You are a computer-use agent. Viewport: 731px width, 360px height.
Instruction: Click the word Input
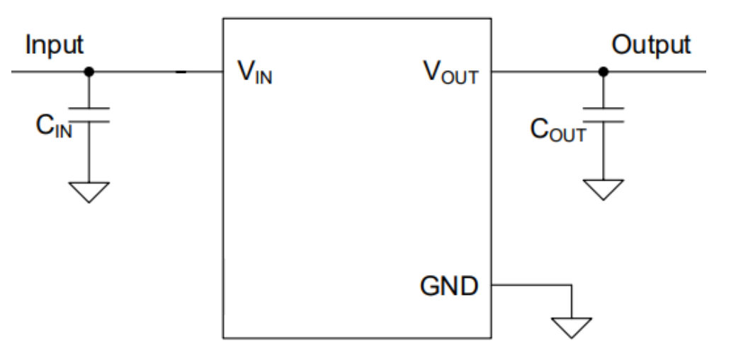[55, 45]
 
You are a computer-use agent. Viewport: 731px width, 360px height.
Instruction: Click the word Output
[651, 45]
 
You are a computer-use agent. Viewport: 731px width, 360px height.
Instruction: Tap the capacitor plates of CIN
[89, 115]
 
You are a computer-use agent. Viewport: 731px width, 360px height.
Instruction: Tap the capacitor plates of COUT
[603, 115]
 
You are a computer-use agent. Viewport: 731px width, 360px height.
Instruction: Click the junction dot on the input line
[89, 72]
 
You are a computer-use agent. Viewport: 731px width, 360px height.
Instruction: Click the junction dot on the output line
[603, 72]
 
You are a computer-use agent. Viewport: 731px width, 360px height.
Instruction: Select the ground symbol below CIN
[89, 191]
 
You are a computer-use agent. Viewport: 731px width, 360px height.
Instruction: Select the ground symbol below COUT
[603, 190]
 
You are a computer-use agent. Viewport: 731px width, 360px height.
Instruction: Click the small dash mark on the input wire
[181, 72]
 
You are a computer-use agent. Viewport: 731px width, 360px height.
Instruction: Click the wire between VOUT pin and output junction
[545, 72]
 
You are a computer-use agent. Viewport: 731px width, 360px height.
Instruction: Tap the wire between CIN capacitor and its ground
[89, 152]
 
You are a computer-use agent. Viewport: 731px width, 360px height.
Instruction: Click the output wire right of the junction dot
[655, 72]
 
